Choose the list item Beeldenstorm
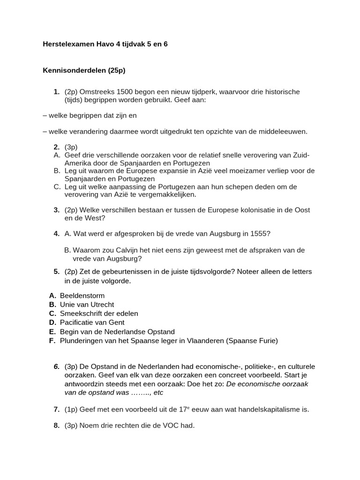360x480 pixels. tap(82, 296)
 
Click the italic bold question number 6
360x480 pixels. tap(56, 366)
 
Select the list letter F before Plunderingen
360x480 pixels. tap(52, 341)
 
